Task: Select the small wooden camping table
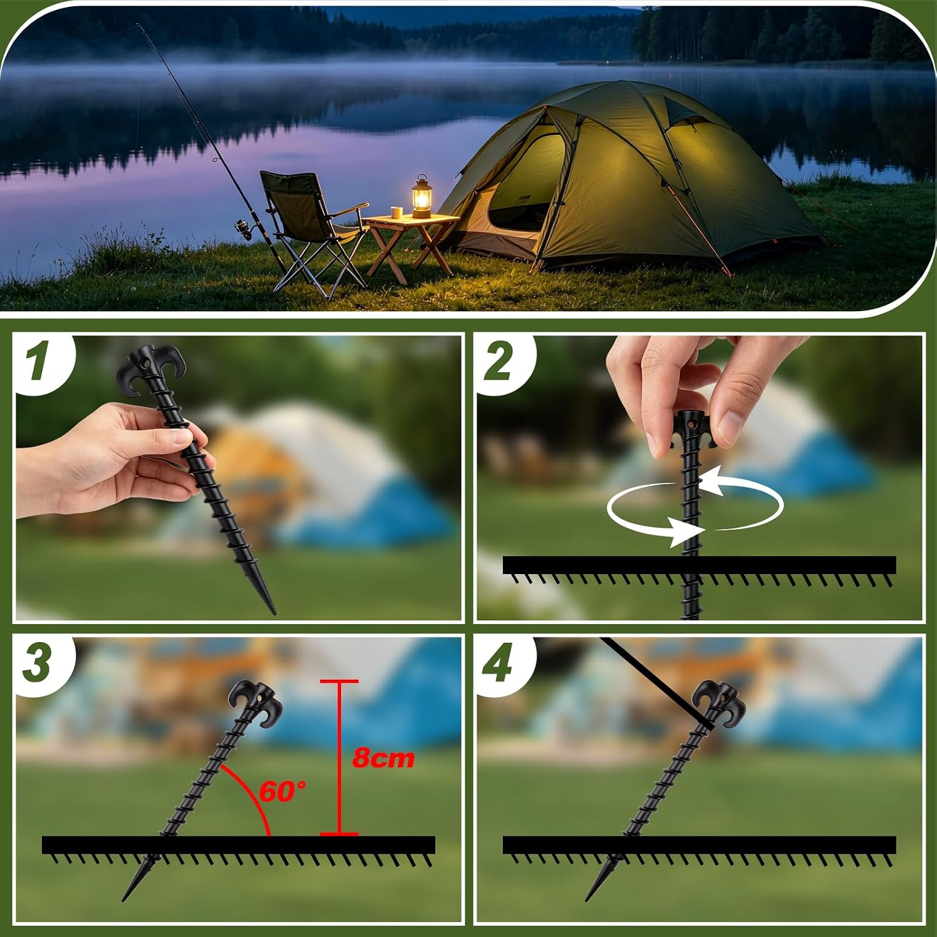click(410, 244)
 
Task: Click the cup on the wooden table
click(396, 212)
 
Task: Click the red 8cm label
click(384, 758)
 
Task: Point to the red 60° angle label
click(282, 791)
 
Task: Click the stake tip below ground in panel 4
click(595, 884)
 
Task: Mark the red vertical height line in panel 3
click(340, 756)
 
